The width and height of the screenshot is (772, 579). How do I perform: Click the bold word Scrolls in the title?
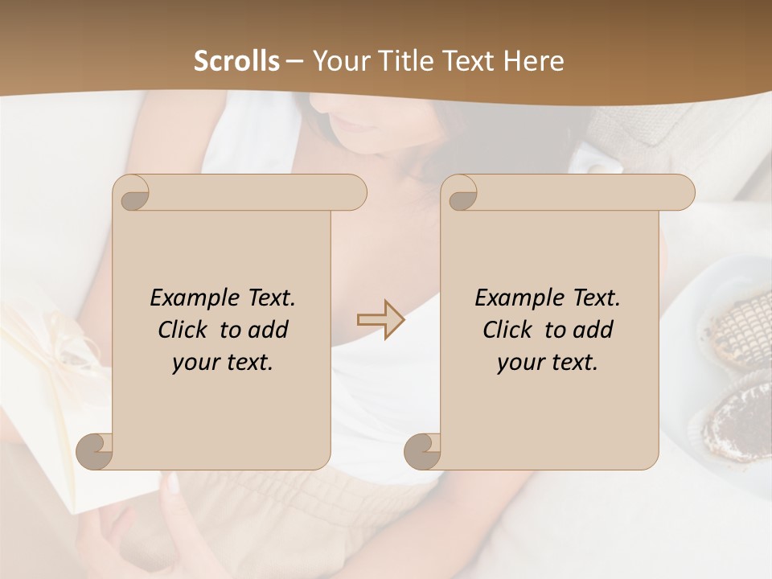point(236,61)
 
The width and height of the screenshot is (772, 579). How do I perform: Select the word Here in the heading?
point(535,61)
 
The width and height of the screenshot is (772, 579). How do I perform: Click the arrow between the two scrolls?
point(381,319)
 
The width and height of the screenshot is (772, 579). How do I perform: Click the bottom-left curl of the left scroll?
point(95,452)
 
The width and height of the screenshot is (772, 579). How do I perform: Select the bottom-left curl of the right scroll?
point(422,452)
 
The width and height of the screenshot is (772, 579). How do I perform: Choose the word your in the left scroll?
point(195,362)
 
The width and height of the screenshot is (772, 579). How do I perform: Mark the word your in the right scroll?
point(520,362)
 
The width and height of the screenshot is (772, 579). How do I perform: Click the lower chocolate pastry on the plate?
point(738,418)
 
